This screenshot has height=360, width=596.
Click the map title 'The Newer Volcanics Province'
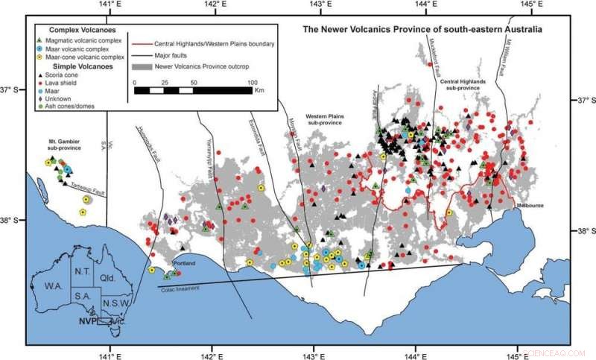click(422, 31)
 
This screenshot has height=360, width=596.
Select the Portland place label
click(184, 263)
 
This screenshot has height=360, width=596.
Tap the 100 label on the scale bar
click(253, 81)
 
